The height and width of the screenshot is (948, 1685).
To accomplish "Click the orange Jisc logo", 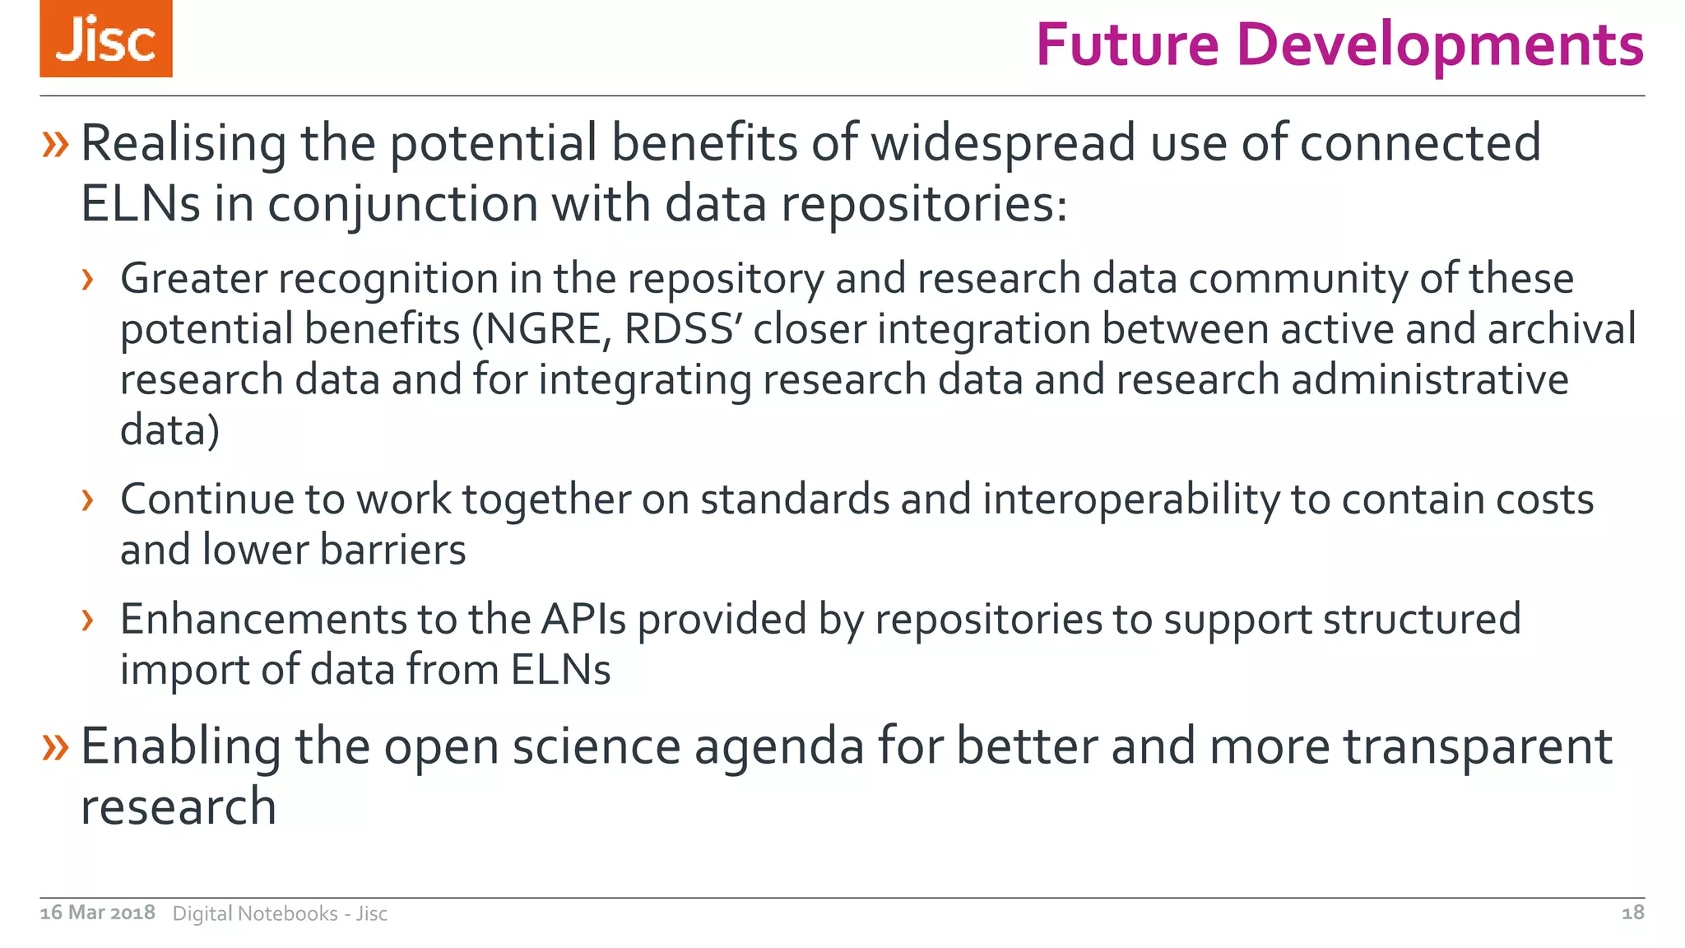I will click(x=106, y=39).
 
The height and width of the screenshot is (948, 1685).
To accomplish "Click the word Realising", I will click(x=183, y=143).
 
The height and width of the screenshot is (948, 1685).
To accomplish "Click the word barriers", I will click(x=392, y=550).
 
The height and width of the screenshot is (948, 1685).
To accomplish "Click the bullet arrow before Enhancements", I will click(x=88, y=620).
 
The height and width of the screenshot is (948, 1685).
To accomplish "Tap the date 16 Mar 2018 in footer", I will click(x=97, y=913).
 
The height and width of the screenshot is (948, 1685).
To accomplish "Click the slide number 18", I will click(x=1632, y=913).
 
